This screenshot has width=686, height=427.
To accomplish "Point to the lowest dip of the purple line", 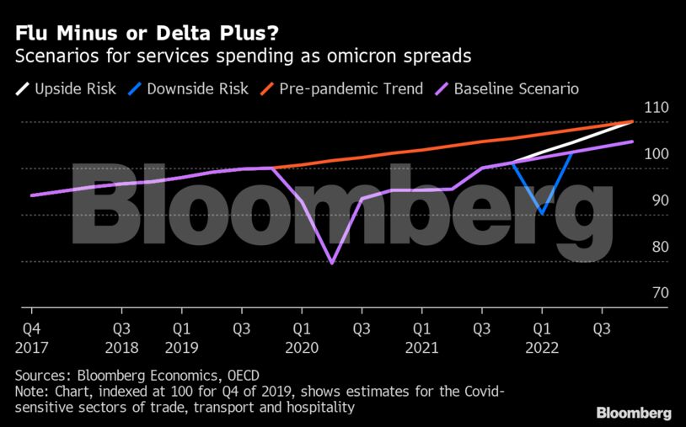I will (332, 263).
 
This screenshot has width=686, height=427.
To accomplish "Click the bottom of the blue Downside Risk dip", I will (542, 213).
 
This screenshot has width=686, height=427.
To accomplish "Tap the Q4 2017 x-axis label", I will (30, 337).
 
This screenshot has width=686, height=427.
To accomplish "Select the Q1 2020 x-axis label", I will (301, 337).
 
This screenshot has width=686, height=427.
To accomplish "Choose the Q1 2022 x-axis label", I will (542, 337).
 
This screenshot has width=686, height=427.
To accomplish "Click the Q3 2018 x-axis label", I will (121, 337).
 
